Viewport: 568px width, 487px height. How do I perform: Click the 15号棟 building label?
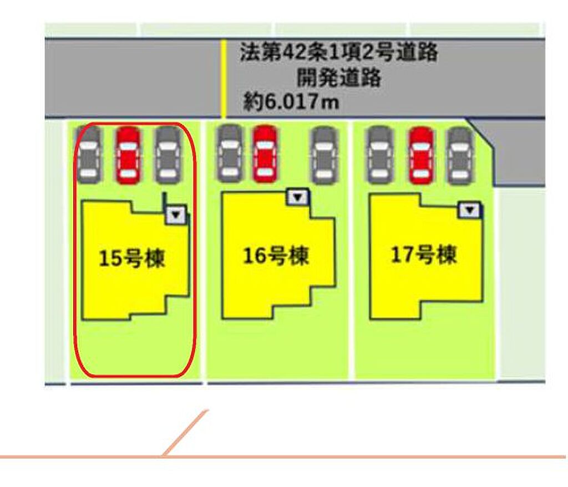(x=132, y=258)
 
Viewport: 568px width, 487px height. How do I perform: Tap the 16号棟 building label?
(x=276, y=255)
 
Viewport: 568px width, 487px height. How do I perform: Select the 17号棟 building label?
(x=423, y=254)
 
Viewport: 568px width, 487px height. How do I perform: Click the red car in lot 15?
(x=128, y=155)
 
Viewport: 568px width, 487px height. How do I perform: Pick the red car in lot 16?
(x=265, y=154)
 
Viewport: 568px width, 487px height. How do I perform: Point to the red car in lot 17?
(x=421, y=156)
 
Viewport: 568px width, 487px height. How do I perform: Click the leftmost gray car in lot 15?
(x=88, y=155)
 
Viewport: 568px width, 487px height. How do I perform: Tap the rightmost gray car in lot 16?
(x=324, y=156)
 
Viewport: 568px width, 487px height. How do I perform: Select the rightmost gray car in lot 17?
(x=460, y=156)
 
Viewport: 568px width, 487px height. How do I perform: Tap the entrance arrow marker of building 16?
(x=298, y=197)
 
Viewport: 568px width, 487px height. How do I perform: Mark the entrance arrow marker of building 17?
(x=470, y=210)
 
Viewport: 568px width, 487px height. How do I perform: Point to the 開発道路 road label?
(x=339, y=78)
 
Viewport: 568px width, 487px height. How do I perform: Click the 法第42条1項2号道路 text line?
(x=339, y=52)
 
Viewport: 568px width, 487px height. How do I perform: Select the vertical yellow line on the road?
(x=224, y=79)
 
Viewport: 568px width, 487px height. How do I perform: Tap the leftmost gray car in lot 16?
(x=230, y=153)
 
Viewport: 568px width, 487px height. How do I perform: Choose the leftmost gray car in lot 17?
(x=379, y=155)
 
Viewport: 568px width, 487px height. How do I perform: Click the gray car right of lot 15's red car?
(x=168, y=156)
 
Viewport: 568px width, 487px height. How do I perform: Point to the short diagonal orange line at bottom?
(x=185, y=433)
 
